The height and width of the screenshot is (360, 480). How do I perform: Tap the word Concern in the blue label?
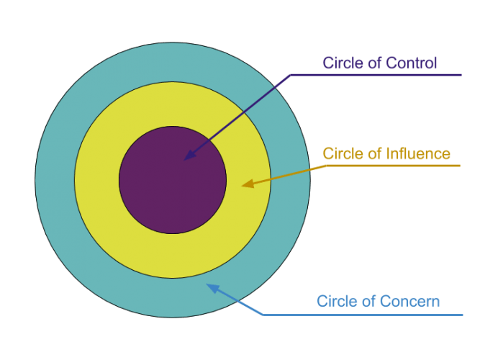(x=412, y=301)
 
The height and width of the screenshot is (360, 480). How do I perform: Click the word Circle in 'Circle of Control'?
(x=341, y=63)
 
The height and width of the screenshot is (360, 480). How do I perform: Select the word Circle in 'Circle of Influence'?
(x=341, y=153)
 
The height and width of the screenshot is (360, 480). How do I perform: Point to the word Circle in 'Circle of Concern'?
(x=335, y=301)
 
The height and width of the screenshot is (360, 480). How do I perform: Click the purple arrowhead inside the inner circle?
(x=189, y=156)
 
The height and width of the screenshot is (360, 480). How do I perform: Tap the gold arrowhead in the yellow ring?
(x=247, y=184)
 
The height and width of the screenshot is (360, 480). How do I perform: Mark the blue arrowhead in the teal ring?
(x=212, y=287)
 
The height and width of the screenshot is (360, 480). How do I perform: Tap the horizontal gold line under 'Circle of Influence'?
(x=403, y=166)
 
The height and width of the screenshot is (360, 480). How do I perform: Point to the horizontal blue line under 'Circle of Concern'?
(x=374, y=315)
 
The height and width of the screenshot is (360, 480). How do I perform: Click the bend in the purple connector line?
(x=290, y=74)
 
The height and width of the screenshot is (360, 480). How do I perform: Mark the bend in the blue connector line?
(x=262, y=315)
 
